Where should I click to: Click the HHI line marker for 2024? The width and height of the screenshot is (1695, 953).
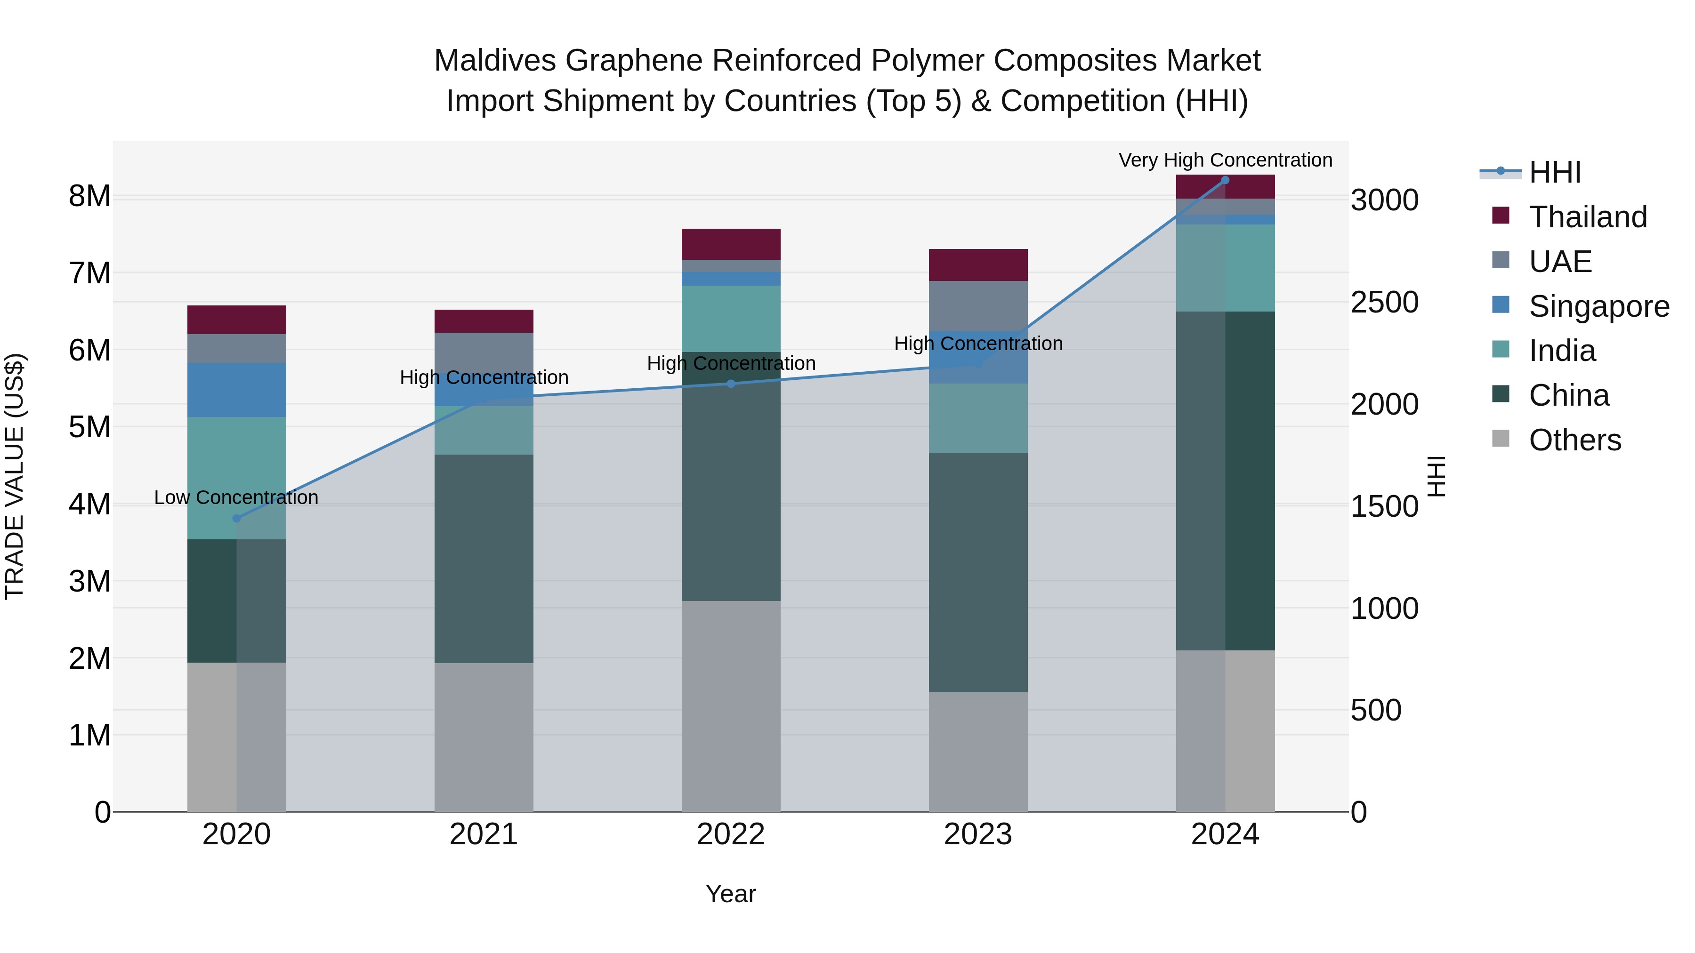1225,180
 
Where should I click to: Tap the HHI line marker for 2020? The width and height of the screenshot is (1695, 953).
237,518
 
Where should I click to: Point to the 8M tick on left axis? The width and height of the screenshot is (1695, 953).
89,196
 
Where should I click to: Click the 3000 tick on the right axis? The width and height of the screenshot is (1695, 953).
1384,200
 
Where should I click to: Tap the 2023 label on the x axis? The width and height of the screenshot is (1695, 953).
978,834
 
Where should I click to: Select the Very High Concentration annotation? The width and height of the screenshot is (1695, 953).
1225,160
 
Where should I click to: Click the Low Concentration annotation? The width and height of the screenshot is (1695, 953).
236,497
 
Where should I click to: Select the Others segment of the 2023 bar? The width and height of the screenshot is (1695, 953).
978,751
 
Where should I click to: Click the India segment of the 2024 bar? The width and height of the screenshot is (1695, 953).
1225,268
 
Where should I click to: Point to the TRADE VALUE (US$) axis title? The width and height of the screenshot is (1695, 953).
15,476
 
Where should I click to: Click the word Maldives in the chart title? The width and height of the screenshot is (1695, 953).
495,61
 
